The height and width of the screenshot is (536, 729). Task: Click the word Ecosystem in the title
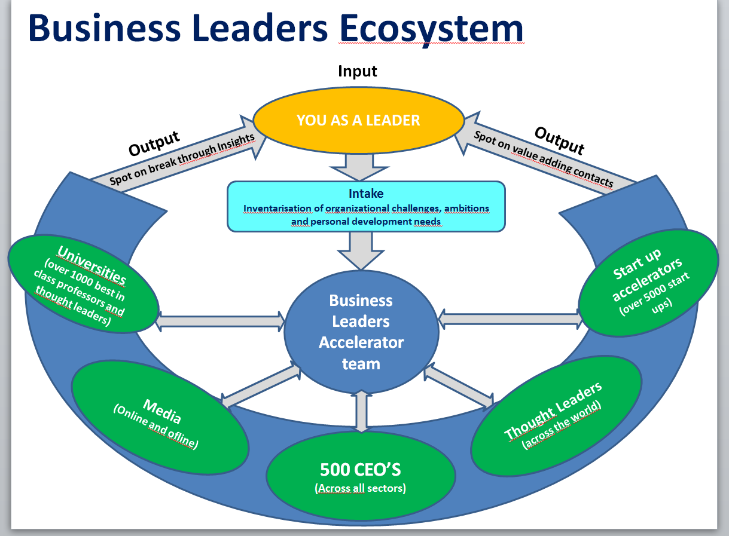tap(431, 29)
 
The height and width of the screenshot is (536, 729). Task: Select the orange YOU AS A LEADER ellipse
tap(358, 120)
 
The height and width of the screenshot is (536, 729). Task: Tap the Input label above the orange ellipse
tap(358, 72)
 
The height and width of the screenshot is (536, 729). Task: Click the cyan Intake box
tap(366, 207)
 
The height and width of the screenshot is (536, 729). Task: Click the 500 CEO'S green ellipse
tap(360, 474)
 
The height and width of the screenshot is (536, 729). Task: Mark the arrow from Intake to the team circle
tap(361, 250)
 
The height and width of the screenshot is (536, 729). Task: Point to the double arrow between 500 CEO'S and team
tap(361, 411)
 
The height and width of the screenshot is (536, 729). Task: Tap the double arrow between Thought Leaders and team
tap(459, 388)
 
